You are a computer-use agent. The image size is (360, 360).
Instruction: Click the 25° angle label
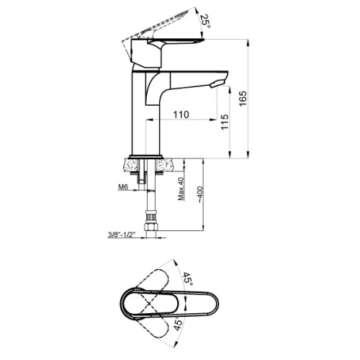[x=206, y=21]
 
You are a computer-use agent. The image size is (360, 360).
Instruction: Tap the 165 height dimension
[x=243, y=98]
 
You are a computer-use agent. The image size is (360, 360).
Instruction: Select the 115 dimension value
[x=225, y=122]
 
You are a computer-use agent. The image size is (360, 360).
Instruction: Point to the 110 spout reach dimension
[x=181, y=114]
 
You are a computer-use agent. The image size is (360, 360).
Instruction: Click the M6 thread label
[x=123, y=186]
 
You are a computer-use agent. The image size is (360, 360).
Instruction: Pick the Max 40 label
[x=181, y=189]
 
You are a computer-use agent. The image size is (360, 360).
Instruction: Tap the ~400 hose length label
[x=200, y=195]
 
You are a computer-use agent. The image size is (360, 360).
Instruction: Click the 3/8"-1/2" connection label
[x=122, y=235]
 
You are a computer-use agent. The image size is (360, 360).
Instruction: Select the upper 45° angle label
[x=187, y=279]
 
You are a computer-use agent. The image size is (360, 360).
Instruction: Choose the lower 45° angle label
[x=178, y=323]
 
